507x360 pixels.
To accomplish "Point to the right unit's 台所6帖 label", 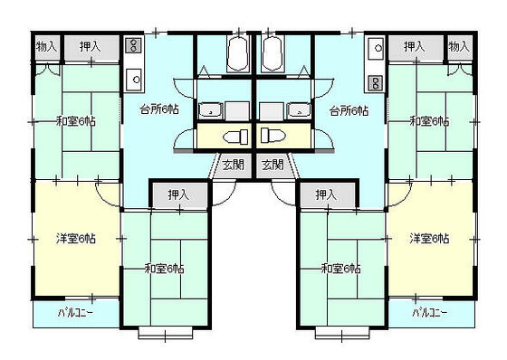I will (349, 111).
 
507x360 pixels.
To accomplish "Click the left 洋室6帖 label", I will (76, 239).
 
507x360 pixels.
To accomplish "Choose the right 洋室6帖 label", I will (429, 239).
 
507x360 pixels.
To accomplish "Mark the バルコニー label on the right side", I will (430, 313).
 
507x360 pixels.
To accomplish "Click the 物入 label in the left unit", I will (46, 46).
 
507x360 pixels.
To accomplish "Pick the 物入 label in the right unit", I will (459, 46).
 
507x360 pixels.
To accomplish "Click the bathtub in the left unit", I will (238, 55).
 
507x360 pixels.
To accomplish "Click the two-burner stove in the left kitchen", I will (132, 45).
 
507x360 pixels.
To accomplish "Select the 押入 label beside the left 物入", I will (89, 46).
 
